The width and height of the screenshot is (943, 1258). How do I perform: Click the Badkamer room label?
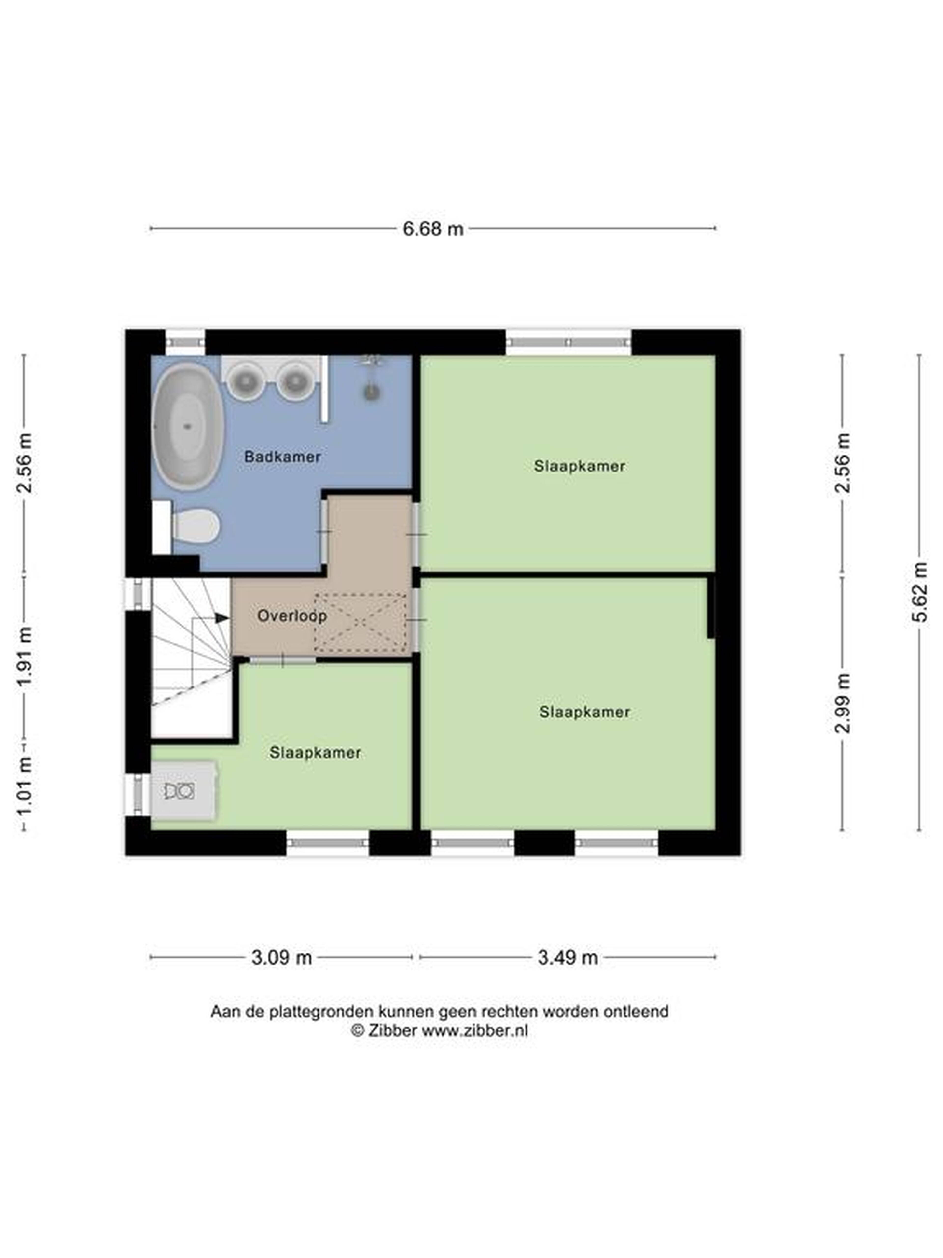pyautogui.click(x=282, y=456)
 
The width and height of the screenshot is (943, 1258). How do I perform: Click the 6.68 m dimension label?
pyautogui.click(x=433, y=229)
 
